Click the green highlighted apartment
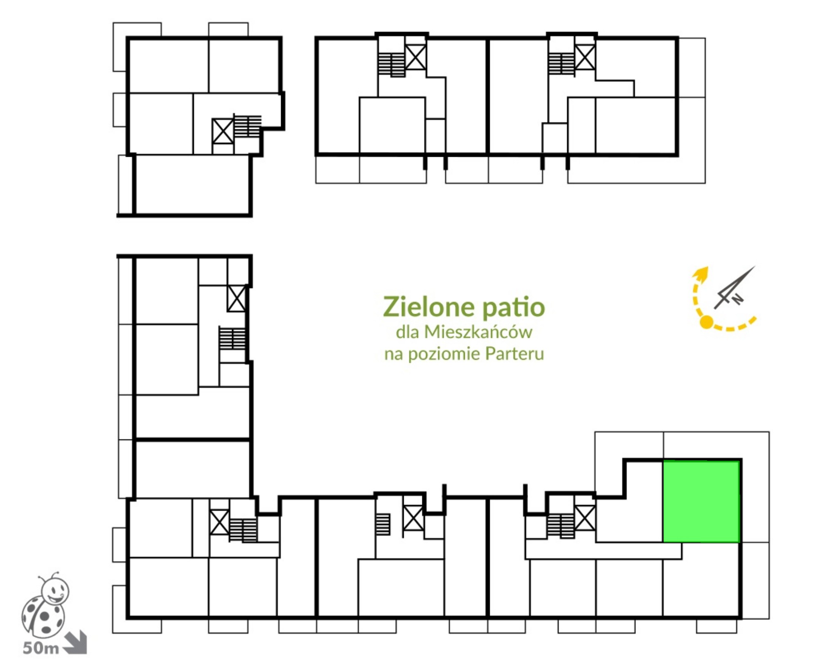point(701,501)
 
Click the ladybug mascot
point(45,605)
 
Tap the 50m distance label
point(41,648)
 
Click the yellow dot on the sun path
point(706,322)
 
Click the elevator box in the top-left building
point(223,131)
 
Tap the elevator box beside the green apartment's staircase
point(585,518)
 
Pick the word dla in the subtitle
point(407,332)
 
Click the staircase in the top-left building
point(247,126)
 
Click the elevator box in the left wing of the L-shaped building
point(237,299)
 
